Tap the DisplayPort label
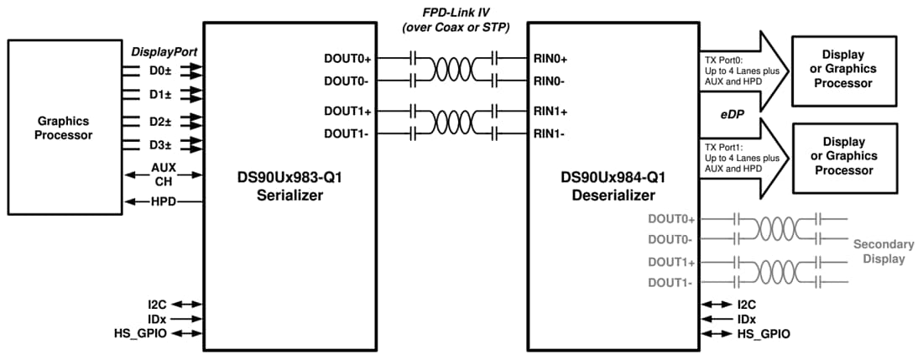tap(164, 52)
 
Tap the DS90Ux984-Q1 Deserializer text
tap(613, 185)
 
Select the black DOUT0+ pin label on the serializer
tap(352, 60)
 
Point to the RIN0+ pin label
tap(550, 60)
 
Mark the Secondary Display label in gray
tap(883, 252)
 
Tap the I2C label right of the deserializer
tap(747, 305)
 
